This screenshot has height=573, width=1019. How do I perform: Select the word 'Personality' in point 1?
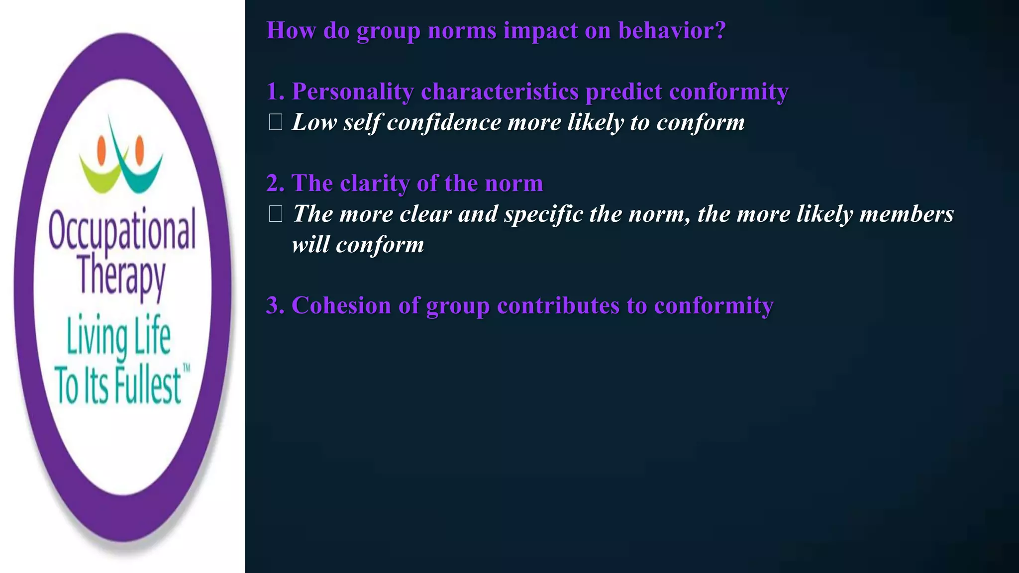pyautogui.click(x=352, y=92)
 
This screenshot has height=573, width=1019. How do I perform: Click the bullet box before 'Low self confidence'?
pyautogui.click(x=275, y=122)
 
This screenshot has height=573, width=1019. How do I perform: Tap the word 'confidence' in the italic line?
pyautogui.click(x=444, y=122)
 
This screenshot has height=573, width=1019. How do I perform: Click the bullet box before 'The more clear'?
pyautogui.click(x=275, y=214)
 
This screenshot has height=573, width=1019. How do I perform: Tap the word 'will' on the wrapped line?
pyautogui.click(x=309, y=245)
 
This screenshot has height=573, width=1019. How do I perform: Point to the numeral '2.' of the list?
pyautogui.click(x=275, y=184)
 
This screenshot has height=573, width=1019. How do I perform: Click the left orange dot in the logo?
pyautogui.click(x=102, y=147)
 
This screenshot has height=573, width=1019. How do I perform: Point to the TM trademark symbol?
pyautogui.click(x=187, y=369)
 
